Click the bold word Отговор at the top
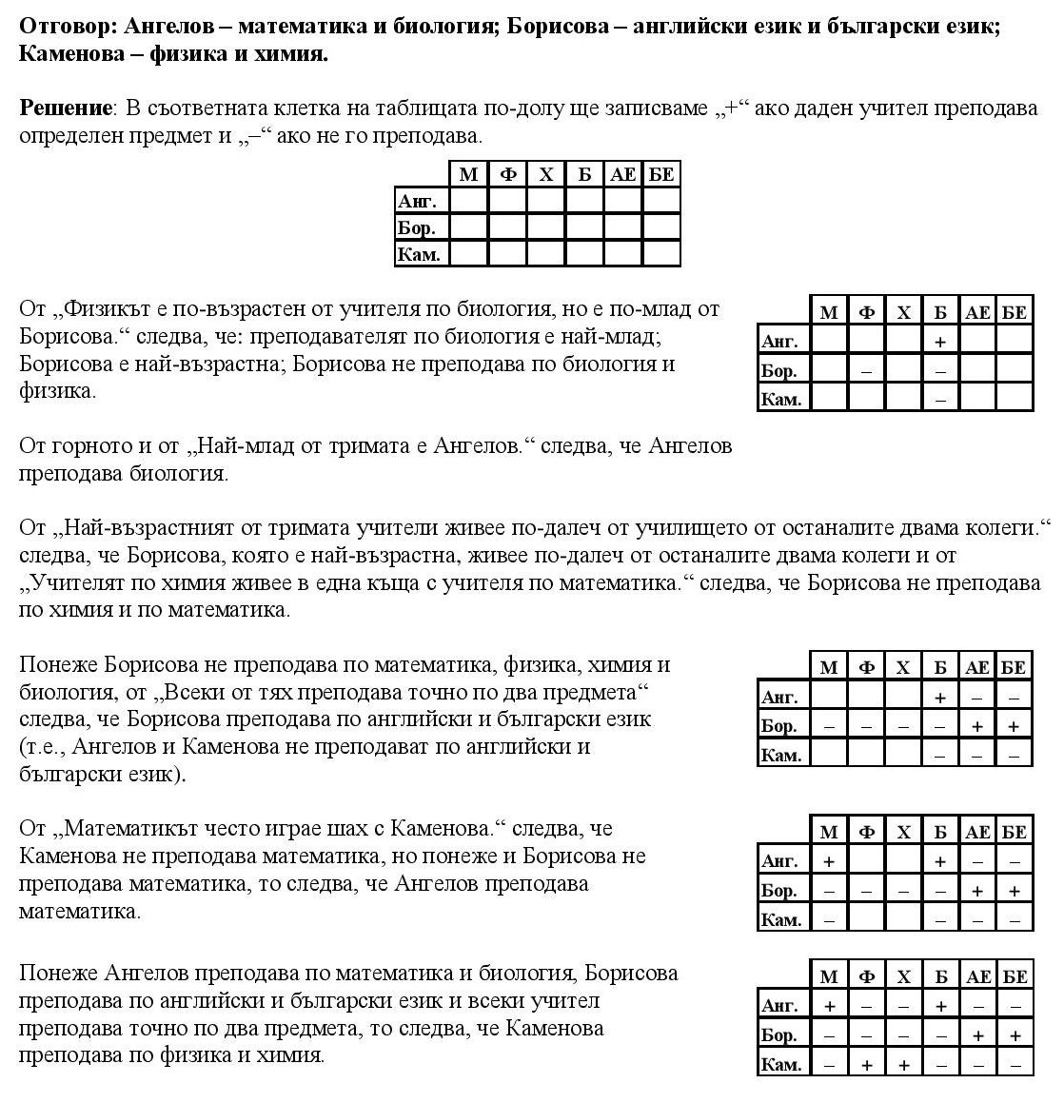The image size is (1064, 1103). [x=67, y=26]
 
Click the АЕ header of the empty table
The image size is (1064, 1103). [x=623, y=174]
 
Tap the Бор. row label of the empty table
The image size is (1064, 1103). [x=417, y=228]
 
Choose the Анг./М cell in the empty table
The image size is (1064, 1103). [x=468, y=201]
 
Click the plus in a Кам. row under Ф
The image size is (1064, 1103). [x=866, y=1065]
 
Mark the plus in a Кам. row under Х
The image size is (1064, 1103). [x=903, y=1065]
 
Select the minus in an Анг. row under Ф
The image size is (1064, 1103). [x=866, y=1006]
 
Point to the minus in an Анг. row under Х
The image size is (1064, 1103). [x=903, y=1006]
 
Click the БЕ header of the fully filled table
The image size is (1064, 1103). [x=1015, y=976]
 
